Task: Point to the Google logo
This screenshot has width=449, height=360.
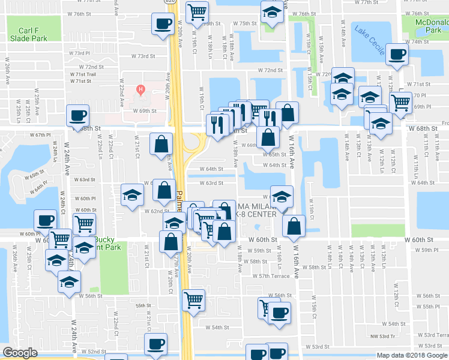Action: (20, 353)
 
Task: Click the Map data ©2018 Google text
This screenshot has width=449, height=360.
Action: (412, 355)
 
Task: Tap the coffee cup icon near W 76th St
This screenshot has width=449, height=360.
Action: (161, 25)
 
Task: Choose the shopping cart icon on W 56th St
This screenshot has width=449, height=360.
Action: (194, 299)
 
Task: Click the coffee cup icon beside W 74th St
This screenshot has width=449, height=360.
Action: (397, 55)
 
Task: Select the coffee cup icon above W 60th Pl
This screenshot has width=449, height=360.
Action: (46, 220)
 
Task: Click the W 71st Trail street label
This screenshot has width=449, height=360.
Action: (83, 74)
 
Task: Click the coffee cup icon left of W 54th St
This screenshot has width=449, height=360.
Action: (157, 344)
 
